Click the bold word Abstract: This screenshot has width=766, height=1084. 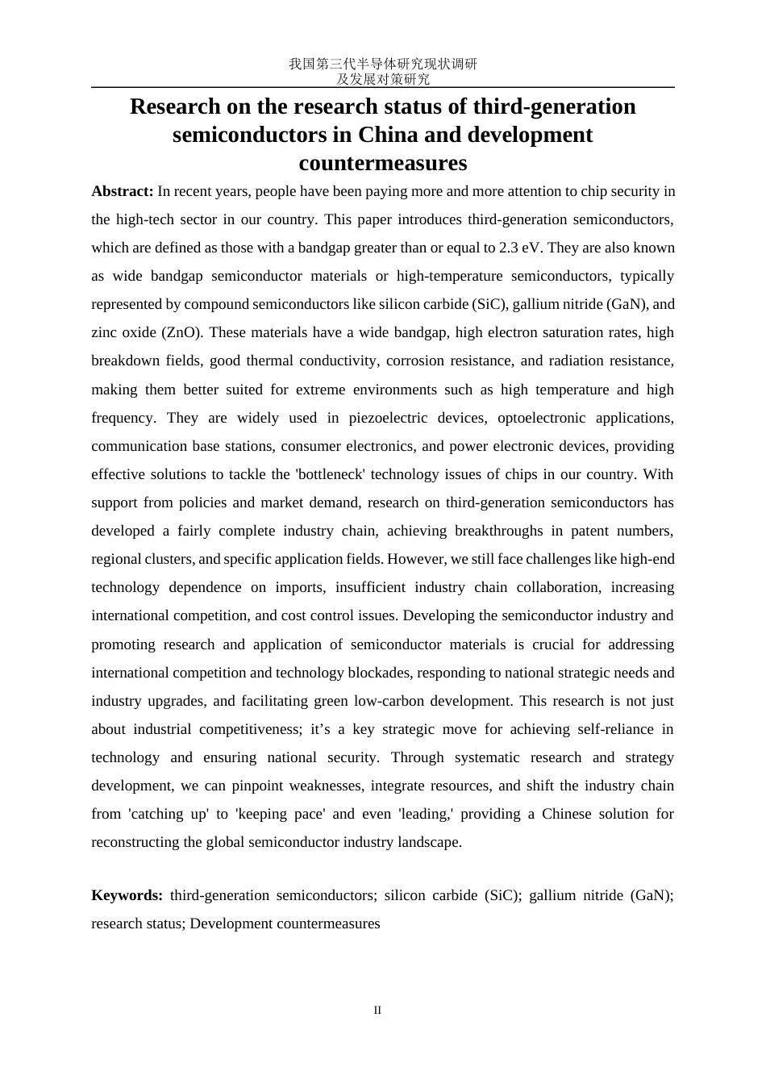(x=122, y=191)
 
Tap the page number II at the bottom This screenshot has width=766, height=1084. (x=377, y=1011)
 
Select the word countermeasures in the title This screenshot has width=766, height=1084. (x=382, y=163)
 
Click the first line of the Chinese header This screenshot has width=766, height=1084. (x=383, y=64)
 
